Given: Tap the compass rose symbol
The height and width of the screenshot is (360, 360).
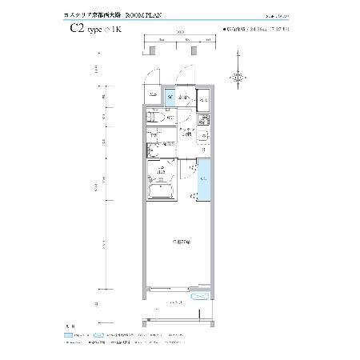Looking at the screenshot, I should point(238,77).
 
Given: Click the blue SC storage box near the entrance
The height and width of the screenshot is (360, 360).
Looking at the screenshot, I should point(170,98).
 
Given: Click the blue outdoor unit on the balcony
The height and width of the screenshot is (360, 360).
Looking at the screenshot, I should point(201,296).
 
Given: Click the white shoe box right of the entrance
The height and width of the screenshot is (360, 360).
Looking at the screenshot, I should point(203,99).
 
